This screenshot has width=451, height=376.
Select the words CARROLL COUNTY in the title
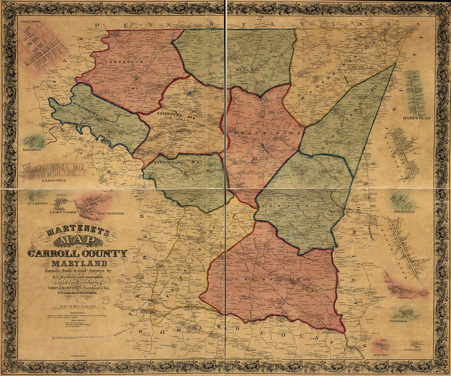point(77,254)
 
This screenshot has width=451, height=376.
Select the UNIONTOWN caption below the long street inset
point(54,180)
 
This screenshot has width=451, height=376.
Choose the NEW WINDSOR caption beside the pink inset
point(110,213)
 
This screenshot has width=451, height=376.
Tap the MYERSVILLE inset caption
point(404,212)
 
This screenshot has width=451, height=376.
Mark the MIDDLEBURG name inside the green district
point(85,108)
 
